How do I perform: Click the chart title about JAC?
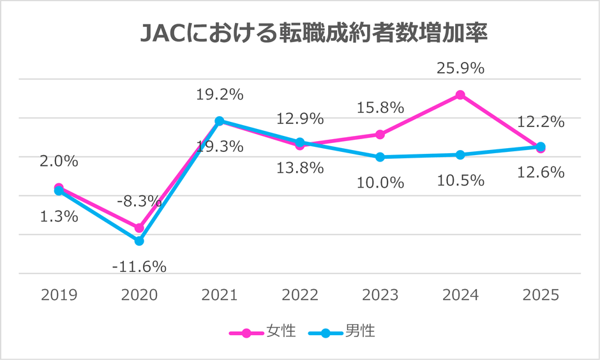tap(313, 34)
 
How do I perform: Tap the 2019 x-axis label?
tap(59, 295)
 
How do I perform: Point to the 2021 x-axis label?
tap(219, 295)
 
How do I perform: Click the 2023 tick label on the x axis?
tap(380, 295)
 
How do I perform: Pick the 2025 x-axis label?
tap(541, 295)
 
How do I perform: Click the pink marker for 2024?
tap(460, 95)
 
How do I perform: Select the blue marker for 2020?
tap(139, 241)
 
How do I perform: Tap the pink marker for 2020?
tap(139, 228)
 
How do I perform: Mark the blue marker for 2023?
tap(380, 157)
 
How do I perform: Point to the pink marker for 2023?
tap(380, 135)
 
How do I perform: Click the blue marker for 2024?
tap(460, 155)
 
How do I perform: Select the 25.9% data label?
tap(461, 67)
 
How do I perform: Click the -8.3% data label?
tap(139, 201)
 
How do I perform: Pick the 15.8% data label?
tap(380, 107)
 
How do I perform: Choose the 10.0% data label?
tap(380, 183)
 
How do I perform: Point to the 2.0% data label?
tap(59, 161)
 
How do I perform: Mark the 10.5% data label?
tap(461, 181)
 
